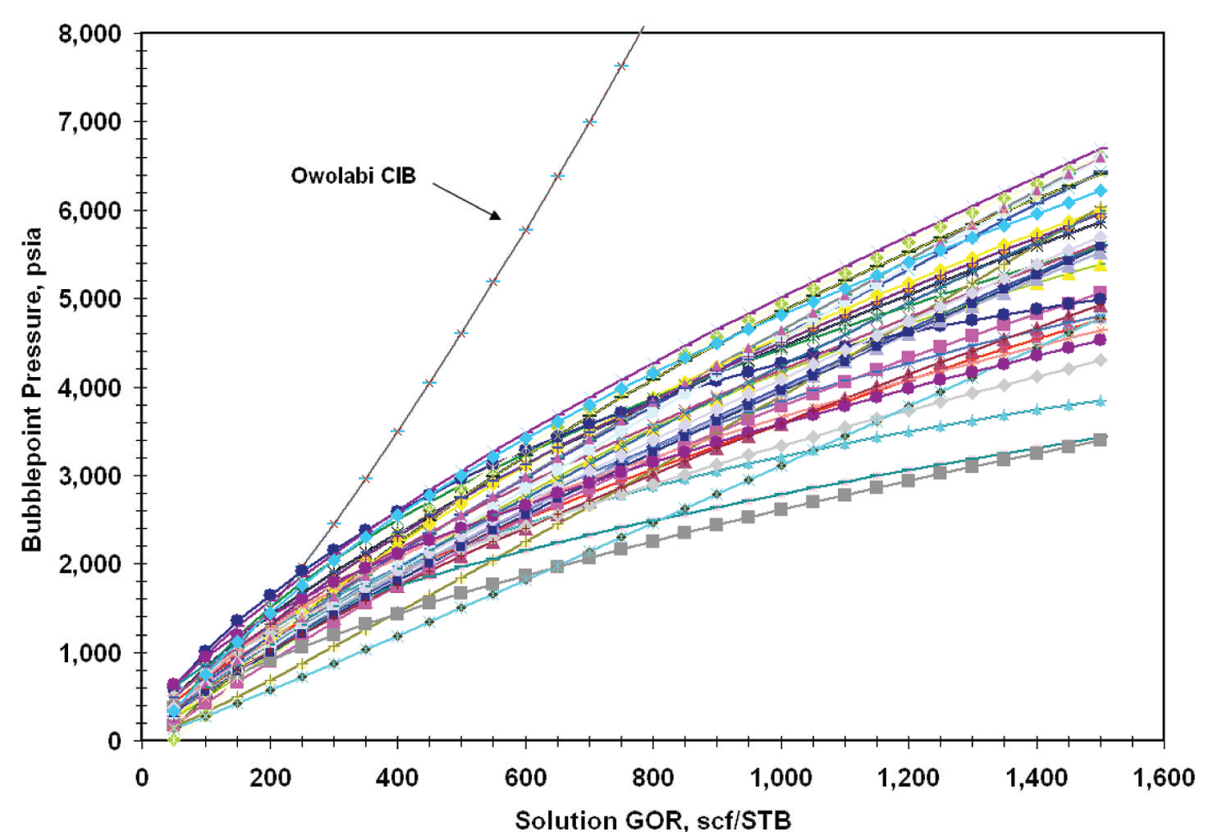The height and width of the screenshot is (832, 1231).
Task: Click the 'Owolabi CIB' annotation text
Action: tap(353, 176)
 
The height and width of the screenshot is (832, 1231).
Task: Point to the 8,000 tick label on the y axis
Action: tap(90, 34)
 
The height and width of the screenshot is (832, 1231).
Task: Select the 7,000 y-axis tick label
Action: tap(90, 122)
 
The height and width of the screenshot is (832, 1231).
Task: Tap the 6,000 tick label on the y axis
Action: tap(90, 210)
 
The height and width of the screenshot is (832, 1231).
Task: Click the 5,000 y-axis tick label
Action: tap(90, 299)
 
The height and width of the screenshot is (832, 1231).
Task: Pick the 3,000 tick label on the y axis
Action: tap(90, 476)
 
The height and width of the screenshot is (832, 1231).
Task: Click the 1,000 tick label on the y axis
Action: tap(90, 653)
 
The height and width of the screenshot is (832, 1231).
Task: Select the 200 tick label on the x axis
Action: tap(270, 777)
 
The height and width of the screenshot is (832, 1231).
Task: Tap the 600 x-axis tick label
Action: tap(525, 777)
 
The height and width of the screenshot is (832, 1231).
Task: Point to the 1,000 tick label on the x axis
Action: tap(780, 777)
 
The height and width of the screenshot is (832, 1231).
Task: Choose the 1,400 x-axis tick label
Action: tap(1036, 777)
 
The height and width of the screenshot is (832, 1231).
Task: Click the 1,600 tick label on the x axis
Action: tap(1164, 777)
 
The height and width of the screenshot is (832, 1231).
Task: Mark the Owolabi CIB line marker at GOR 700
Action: tap(589, 122)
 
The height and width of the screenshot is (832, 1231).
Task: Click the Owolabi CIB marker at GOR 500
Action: tap(461, 333)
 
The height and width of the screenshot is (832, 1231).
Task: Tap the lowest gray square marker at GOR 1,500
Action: tap(1101, 440)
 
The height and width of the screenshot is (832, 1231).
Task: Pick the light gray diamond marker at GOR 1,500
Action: tap(1101, 361)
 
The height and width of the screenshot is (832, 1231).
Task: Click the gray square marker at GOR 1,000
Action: tap(780, 509)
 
